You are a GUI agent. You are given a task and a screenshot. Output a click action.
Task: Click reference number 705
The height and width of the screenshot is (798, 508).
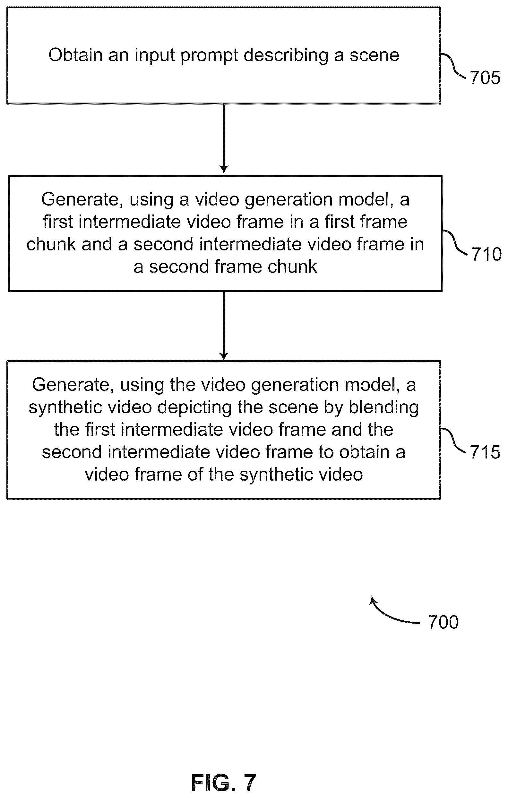[485, 78]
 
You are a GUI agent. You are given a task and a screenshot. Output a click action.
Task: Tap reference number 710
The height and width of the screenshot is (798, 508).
[486, 254]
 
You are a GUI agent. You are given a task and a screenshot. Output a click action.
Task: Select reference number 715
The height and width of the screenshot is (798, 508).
[485, 452]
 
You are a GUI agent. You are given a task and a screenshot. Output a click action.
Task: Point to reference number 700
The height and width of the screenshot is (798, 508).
[443, 622]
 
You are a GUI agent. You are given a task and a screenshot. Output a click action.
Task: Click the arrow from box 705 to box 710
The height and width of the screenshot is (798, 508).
[224, 139]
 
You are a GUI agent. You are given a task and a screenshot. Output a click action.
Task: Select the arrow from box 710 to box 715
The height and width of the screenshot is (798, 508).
[224, 326]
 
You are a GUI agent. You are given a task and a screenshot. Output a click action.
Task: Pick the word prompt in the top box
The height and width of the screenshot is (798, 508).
[209, 56]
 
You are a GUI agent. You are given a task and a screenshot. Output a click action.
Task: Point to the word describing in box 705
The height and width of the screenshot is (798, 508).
[286, 56]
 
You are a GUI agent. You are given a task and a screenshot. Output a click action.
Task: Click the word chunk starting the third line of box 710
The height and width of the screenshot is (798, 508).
[51, 244]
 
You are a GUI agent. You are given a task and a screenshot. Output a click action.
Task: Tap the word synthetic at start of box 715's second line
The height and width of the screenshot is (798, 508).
[65, 407]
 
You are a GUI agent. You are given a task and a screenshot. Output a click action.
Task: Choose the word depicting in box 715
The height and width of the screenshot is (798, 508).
[194, 407]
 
